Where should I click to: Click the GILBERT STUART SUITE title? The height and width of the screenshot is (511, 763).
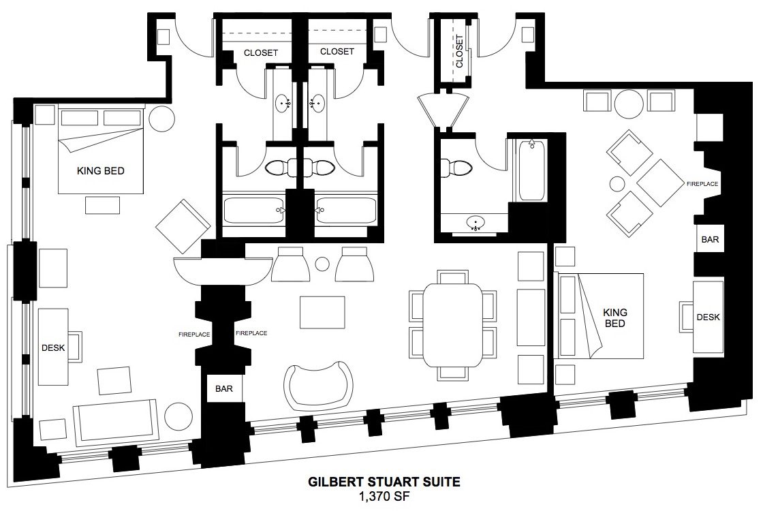point(384,482)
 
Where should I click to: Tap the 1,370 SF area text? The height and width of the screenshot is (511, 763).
point(384,497)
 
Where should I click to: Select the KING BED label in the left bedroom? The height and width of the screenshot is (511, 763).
point(101,171)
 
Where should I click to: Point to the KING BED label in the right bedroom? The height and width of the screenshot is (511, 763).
point(614,318)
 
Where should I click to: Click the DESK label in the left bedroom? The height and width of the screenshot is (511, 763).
point(53,348)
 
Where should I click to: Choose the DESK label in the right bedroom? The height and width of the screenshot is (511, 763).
point(708,318)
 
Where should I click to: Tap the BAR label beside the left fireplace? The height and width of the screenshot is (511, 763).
point(224,389)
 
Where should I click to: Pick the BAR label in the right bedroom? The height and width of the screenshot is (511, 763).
point(710,239)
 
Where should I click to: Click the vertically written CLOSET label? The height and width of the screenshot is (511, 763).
point(459,51)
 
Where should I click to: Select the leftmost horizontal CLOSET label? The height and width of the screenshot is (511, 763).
point(261,52)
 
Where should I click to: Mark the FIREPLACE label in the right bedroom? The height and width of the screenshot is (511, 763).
point(702,184)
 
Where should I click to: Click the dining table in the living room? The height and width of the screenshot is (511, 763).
point(452,326)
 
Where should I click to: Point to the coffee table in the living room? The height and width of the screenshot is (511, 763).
point(322,313)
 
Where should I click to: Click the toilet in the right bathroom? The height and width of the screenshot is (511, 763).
point(456,168)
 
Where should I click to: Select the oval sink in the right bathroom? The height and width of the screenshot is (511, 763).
point(476,223)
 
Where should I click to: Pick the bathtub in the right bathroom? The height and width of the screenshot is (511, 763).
point(531,170)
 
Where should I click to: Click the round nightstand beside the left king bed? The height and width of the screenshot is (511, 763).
point(161,119)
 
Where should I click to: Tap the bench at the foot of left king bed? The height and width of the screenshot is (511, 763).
point(102,205)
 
